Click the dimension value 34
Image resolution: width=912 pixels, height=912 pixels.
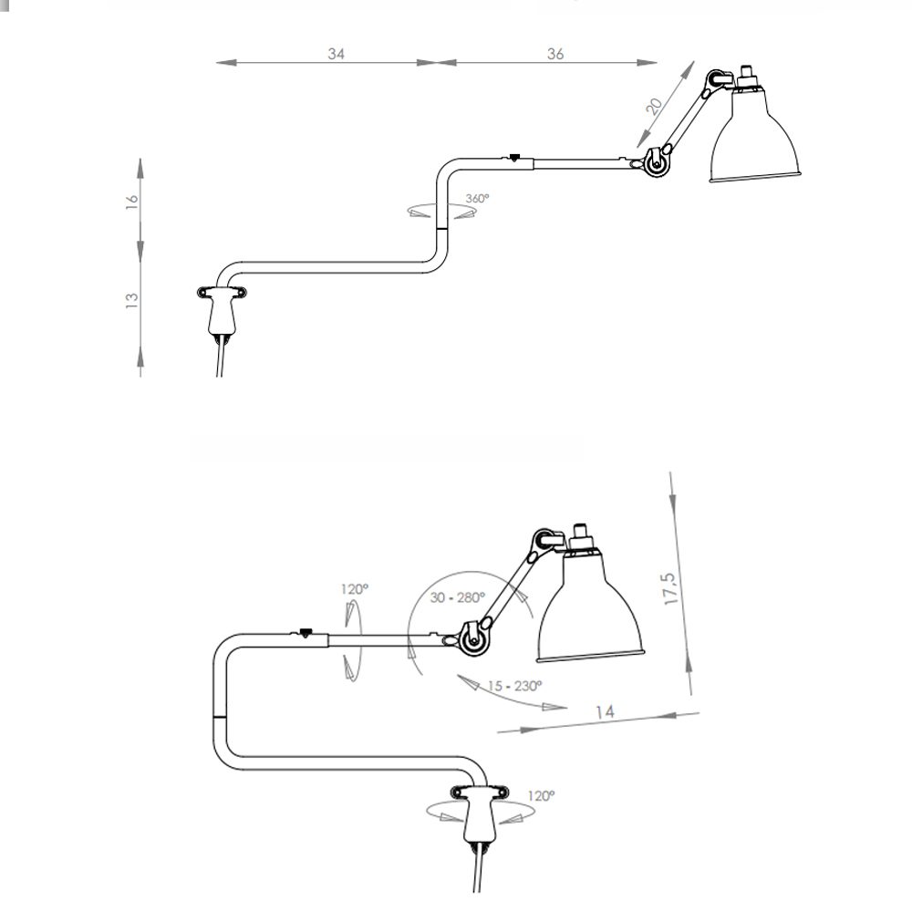(337, 54)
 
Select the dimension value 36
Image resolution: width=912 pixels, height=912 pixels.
(555, 54)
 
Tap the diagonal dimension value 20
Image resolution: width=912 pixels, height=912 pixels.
(655, 106)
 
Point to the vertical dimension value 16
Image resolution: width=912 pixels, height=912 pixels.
(132, 202)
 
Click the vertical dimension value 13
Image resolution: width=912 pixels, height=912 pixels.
(132, 300)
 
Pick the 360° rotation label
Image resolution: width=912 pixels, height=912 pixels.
(477, 198)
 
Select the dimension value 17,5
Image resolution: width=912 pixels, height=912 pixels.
(670, 588)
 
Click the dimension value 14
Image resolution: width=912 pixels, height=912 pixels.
(605, 711)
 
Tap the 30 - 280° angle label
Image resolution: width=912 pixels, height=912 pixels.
(457, 597)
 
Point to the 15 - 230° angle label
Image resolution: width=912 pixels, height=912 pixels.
(514, 687)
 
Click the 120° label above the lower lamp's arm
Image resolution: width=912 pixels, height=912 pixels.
(354, 589)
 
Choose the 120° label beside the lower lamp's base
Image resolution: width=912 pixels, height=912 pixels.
(541, 795)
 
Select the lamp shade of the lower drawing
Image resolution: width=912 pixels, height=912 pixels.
(589, 611)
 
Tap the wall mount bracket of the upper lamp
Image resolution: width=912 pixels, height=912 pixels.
(222, 309)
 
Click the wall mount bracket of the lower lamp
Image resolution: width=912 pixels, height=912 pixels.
(480, 812)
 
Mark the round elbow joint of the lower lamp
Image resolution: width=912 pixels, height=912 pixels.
(474, 638)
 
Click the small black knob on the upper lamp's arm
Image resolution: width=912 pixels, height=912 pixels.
(513, 156)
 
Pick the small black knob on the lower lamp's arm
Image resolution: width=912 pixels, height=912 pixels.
(305, 632)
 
